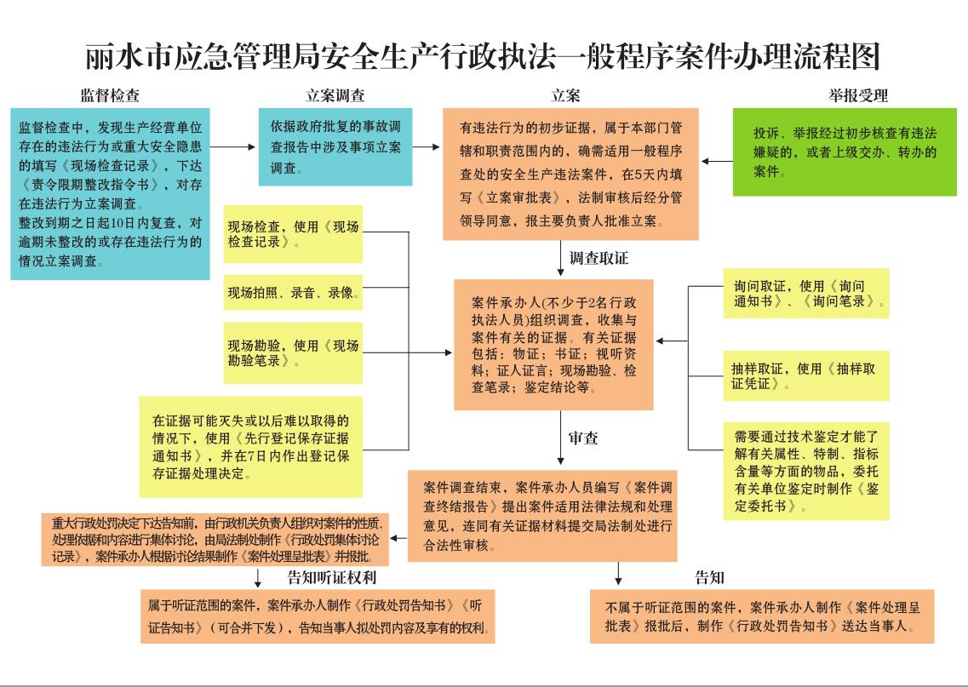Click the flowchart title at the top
(483, 57)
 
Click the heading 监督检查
(110, 95)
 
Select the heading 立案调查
(335, 95)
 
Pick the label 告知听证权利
(332, 578)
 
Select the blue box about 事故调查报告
(335, 146)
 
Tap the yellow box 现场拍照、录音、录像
(292, 293)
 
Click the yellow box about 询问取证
(805, 294)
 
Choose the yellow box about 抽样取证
(805, 375)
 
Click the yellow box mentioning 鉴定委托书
(805, 470)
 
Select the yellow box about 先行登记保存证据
(250, 446)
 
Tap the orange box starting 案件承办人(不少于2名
(553, 345)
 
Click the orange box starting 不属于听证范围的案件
(761, 615)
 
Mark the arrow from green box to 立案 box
(716, 162)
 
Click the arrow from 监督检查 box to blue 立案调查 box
(233, 146)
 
